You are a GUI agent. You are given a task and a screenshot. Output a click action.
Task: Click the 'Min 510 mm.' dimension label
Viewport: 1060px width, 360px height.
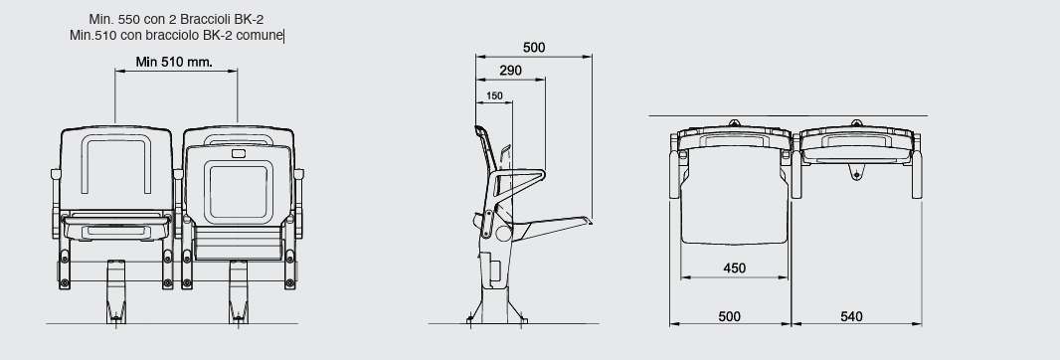click(174, 63)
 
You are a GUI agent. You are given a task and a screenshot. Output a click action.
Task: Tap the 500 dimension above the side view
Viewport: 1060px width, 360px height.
click(534, 48)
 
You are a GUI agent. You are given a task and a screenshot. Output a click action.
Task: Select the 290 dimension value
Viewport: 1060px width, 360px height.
click(510, 71)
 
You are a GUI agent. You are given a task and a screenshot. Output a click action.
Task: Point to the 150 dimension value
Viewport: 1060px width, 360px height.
click(494, 96)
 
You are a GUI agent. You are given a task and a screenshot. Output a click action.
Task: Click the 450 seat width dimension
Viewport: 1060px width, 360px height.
click(734, 268)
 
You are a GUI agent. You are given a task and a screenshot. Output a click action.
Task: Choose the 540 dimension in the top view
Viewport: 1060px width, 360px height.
click(851, 316)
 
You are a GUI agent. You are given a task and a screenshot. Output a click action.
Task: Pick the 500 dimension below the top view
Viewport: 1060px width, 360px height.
click(729, 316)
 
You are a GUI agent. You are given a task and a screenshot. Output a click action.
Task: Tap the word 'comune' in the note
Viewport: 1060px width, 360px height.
click(261, 35)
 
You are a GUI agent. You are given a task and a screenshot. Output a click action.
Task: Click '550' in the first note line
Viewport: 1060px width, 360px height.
click(129, 20)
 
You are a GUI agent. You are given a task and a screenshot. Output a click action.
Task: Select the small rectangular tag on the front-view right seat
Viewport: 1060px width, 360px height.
click(239, 153)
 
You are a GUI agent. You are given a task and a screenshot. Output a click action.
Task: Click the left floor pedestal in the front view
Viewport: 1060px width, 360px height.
click(115, 291)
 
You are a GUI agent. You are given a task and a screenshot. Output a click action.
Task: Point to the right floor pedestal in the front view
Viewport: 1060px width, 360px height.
click(238, 291)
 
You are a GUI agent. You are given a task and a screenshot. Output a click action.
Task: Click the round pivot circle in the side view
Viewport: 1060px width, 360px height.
click(503, 234)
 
